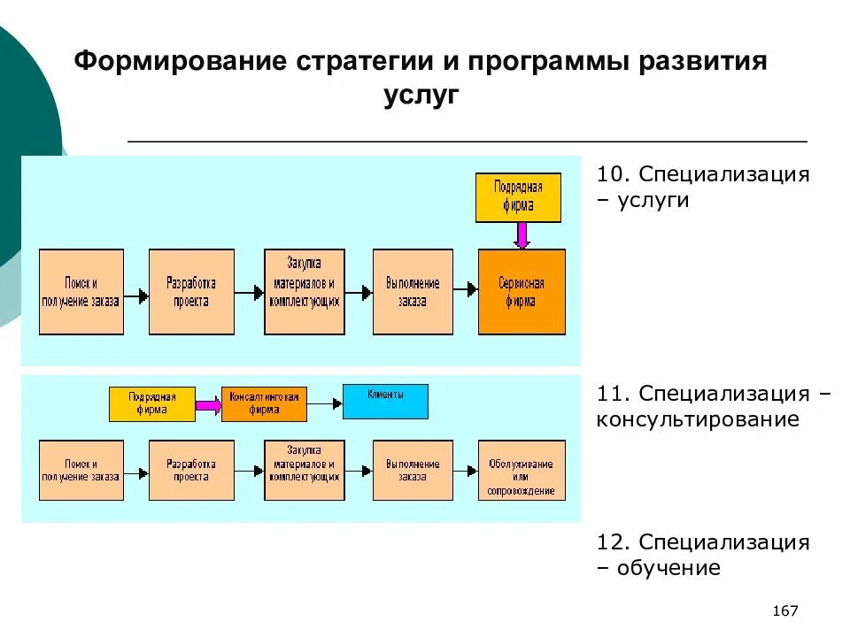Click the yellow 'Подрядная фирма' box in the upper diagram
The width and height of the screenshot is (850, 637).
tap(518, 197)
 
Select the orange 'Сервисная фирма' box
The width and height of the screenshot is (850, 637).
tap(522, 292)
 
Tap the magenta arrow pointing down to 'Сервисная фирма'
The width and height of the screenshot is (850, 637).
tap(522, 235)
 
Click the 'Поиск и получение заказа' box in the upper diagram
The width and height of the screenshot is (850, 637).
tap(81, 292)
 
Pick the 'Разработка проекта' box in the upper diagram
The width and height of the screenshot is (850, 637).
tap(191, 292)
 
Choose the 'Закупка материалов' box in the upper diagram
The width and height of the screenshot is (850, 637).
tap(304, 292)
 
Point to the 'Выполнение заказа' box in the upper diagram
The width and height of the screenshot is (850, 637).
tap(413, 292)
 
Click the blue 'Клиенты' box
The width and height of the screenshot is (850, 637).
tap(385, 401)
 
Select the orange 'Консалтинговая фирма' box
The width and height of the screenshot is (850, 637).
tap(264, 404)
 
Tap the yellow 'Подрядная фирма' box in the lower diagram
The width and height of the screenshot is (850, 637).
tap(151, 404)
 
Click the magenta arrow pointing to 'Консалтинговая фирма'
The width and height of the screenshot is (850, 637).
tap(207, 405)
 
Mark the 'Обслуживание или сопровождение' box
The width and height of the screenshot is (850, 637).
tap(522, 470)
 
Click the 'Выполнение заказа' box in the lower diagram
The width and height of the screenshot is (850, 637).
tap(413, 470)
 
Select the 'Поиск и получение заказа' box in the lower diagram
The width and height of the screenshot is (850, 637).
tap(81, 470)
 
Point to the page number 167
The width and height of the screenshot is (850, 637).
tap(785, 611)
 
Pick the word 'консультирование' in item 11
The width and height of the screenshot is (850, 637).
tap(698, 419)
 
